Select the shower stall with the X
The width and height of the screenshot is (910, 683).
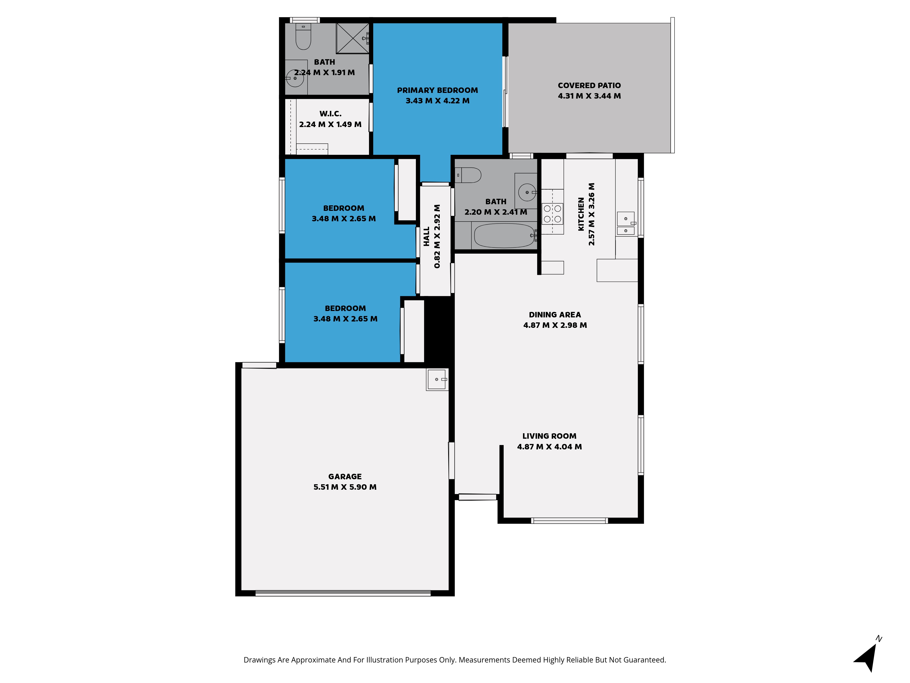click(353, 38)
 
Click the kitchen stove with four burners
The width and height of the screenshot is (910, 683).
click(552, 214)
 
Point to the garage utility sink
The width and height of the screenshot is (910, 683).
click(437, 379)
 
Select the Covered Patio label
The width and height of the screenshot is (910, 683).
click(589, 86)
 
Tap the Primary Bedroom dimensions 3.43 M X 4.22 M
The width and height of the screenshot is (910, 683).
click(437, 101)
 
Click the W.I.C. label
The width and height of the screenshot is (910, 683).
click(330, 114)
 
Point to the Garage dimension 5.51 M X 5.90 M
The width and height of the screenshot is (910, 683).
click(345, 487)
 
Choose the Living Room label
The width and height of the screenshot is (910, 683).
click(549, 436)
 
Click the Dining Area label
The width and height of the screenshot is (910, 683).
click(555, 315)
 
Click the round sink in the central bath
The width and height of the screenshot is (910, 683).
click(527, 192)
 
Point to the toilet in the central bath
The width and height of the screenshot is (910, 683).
click(468, 175)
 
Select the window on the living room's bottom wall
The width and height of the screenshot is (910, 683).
click(569, 521)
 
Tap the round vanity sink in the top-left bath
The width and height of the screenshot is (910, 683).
click(295, 78)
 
